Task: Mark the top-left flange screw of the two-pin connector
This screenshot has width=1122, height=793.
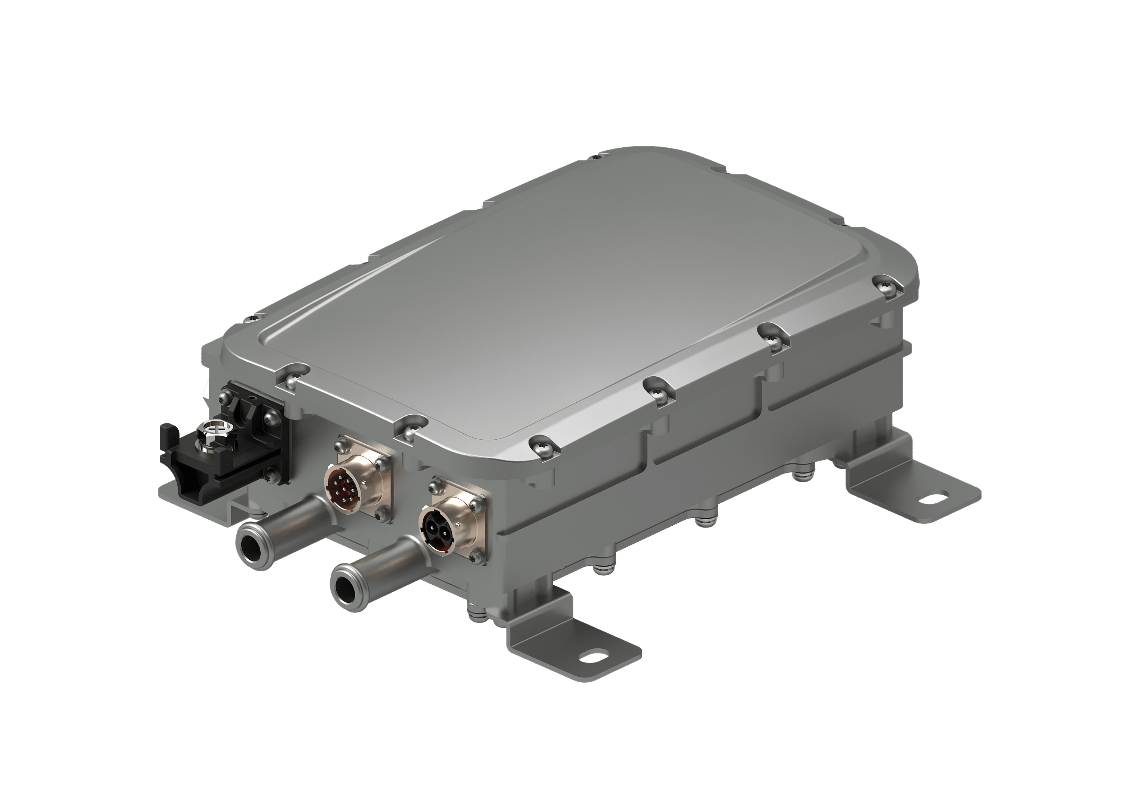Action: pos(433,488)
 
